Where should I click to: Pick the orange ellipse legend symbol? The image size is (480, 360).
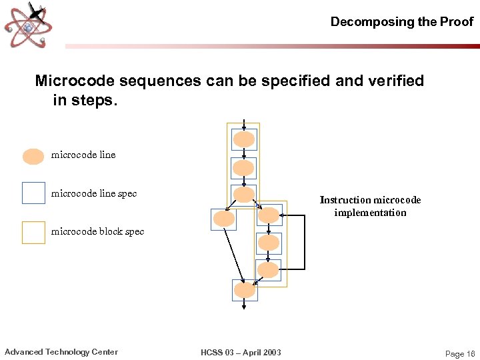coord(33,156)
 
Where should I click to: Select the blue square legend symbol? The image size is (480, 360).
coord(33,193)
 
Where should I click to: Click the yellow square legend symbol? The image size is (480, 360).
coord(33,232)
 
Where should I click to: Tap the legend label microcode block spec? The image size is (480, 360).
coord(97,232)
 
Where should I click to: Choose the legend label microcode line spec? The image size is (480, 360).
coord(94,194)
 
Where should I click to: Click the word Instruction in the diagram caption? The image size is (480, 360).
coord(345,200)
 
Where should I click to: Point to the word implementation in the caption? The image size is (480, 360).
coord(370,213)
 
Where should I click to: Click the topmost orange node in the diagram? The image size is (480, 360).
coord(244,139)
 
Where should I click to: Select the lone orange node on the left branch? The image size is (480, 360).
coord(224,219)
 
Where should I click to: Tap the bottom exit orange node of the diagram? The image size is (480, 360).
coord(245,290)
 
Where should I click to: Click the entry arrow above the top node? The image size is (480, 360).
coord(244,125)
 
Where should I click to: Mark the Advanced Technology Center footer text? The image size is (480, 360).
coord(61,352)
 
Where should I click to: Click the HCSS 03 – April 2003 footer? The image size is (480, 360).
coord(241,353)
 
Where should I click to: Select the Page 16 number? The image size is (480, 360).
coord(459,354)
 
